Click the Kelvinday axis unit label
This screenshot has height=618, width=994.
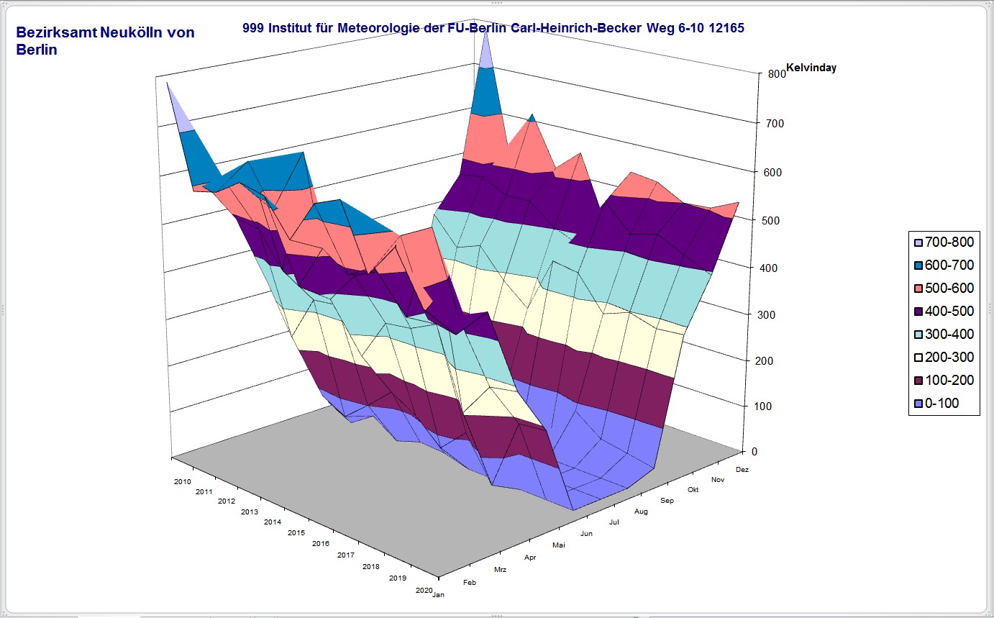[811, 68]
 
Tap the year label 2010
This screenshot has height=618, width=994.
[182, 480]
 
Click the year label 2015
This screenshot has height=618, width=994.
[296, 533]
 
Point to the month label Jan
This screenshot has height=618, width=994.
[438, 595]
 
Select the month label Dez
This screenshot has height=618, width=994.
[743, 469]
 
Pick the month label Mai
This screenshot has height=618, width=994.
[559, 545]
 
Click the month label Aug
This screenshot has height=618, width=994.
[642, 512]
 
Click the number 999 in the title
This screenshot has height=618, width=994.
[254, 29]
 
